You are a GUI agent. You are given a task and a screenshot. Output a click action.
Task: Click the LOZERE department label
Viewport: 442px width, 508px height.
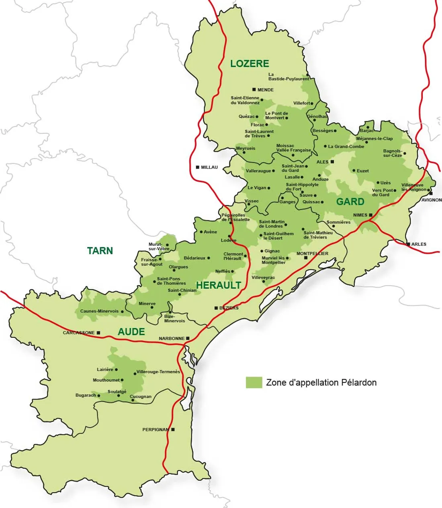pyautogui.click(x=250, y=64)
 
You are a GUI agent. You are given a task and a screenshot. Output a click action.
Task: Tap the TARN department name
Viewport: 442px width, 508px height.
pyautogui.click(x=100, y=251)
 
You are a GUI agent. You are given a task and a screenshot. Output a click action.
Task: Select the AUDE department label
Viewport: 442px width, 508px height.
pyautogui.click(x=131, y=332)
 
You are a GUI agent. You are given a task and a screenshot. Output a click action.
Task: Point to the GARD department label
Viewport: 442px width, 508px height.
pyautogui.click(x=350, y=202)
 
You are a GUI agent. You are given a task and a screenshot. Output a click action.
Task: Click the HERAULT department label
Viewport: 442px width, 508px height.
pyautogui.click(x=219, y=286)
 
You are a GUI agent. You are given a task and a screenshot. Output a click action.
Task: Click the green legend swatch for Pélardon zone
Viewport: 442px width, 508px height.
pyautogui.click(x=254, y=383)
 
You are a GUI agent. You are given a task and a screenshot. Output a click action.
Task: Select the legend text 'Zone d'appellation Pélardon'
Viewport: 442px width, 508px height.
pyautogui.click(x=321, y=383)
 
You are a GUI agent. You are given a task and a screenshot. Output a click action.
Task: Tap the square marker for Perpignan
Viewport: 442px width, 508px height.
pyautogui.click(x=173, y=430)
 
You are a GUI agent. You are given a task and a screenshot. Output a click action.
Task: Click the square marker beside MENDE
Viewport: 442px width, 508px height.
pyautogui.click(x=254, y=90)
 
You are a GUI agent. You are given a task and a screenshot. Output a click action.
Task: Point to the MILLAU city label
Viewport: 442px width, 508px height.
pyautogui.click(x=209, y=167)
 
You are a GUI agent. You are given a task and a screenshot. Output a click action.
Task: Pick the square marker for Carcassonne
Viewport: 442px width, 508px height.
pyautogui.click(x=98, y=333)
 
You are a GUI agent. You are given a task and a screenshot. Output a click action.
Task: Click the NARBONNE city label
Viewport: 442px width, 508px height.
pyautogui.click(x=172, y=339)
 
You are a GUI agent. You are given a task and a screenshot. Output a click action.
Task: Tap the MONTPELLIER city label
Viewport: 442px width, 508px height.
pyautogui.click(x=312, y=254)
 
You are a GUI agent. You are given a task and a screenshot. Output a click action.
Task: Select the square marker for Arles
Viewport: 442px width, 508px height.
pyautogui.click(x=408, y=244)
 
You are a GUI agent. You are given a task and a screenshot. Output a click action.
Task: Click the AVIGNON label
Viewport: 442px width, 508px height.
pyautogui.click(x=431, y=200)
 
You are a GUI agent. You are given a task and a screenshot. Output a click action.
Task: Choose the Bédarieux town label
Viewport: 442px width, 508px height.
pyautogui.click(x=194, y=258)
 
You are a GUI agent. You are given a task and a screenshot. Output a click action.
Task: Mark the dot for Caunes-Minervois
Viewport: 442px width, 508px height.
pyautogui.click(x=122, y=311)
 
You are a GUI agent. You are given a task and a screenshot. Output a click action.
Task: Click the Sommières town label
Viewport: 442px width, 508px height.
pyautogui.click(x=338, y=222)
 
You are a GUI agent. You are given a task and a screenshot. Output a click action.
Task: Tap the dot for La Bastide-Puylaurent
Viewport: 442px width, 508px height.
pyautogui.click(x=307, y=75)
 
